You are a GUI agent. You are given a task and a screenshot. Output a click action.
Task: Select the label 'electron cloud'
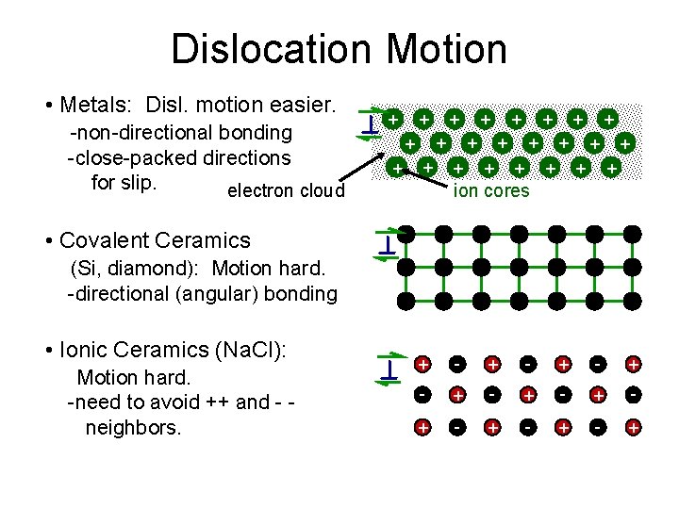(x=287, y=191)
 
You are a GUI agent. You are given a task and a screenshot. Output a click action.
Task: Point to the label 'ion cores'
(x=491, y=191)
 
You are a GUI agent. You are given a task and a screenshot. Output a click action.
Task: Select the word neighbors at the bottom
(x=133, y=427)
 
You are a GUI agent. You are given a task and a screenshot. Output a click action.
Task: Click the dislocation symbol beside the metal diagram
(x=372, y=123)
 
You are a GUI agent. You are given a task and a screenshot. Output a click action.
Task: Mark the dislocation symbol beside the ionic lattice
(x=388, y=369)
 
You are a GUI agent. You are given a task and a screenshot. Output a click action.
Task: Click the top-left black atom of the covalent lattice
(x=406, y=232)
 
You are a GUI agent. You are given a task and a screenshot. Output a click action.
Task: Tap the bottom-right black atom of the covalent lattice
(x=633, y=301)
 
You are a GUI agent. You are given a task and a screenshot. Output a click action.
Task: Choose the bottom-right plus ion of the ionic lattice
(x=633, y=428)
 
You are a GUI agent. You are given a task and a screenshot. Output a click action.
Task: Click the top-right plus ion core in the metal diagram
(x=609, y=120)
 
